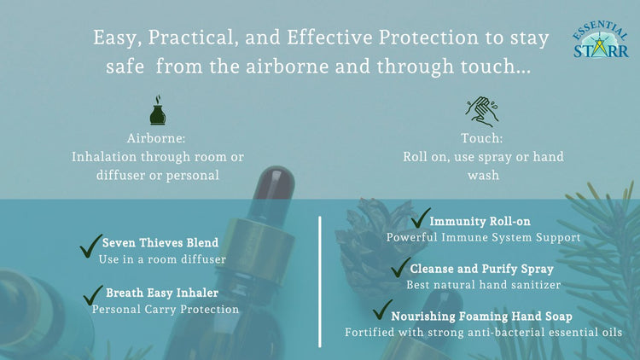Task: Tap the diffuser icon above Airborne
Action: (157, 112)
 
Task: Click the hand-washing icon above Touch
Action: (482, 112)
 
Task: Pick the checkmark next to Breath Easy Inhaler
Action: (93, 295)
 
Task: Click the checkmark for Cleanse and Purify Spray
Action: (400, 267)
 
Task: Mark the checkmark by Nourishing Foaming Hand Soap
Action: (382, 310)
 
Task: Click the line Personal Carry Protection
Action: (166, 309)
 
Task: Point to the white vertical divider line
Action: (320, 282)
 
